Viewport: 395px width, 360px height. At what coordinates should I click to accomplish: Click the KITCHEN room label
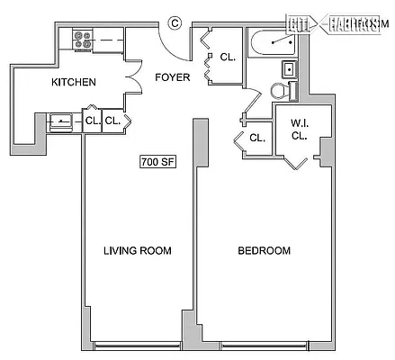click(73, 82)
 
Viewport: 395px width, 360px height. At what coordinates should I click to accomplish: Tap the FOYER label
click(173, 77)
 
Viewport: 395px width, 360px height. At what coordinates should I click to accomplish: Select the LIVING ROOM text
click(137, 250)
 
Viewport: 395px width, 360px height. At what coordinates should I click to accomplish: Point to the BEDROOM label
click(264, 250)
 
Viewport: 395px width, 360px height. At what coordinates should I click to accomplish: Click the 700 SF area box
click(157, 162)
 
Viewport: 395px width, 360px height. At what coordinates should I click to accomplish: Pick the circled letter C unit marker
click(175, 23)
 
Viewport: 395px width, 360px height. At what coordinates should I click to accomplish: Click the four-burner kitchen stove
click(83, 40)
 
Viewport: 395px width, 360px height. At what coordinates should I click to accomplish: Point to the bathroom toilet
click(280, 91)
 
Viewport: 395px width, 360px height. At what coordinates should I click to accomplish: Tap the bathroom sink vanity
click(290, 67)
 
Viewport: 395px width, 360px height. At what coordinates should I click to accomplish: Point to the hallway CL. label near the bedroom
click(256, 138)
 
